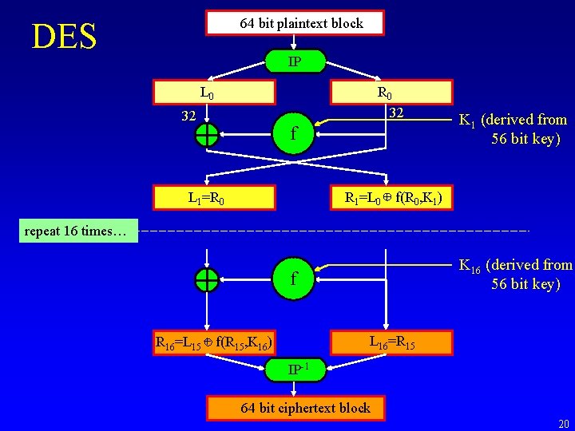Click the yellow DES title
point(64,36)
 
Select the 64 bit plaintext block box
point(295,22)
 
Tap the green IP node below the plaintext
point(295,61)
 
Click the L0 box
point(214,93)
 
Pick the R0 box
point(391,93)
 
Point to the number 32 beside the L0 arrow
point(188,116)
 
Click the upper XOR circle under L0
point(207,135)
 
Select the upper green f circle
point(293,133)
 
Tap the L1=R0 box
point(214,198)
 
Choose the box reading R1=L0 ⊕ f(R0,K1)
point(391,198)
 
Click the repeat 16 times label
point(78,231)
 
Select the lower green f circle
point(293,279)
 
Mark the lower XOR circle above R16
point(207,280)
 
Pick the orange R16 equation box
point(214,343)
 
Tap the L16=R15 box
point(391,343)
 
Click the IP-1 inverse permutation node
point(295,370)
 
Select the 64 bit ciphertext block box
point(295,408)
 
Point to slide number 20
point(564,424)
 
